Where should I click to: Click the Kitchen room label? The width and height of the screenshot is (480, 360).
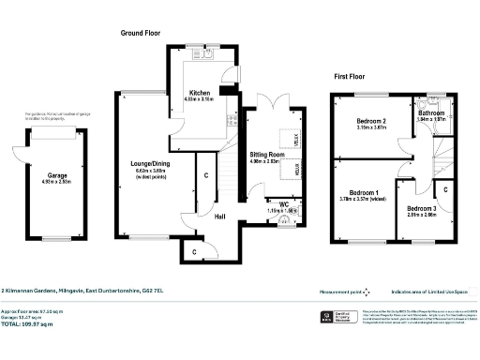[x=199, y=93]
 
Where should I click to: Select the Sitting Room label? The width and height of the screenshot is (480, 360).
[x=267, y=153]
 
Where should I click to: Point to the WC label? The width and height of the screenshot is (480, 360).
[x=282, y=202]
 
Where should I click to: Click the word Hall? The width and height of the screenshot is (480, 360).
[x=219, y=217]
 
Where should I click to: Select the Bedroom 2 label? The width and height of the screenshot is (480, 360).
[x=372, y=121]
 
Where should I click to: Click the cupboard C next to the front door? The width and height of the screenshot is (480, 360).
[x=194, y=251]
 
